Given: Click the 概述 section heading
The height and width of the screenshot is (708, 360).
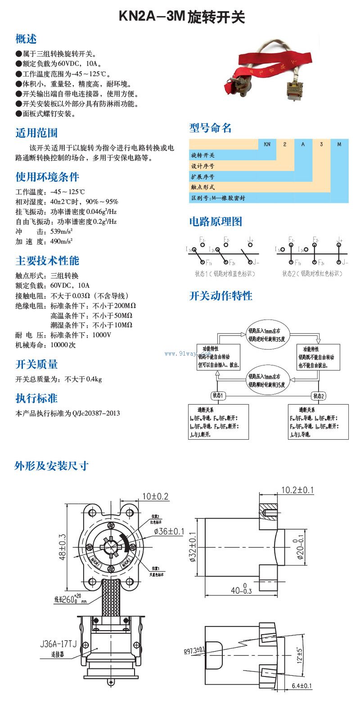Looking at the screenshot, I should coord(26,39).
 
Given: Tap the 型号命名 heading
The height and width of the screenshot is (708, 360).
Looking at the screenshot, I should coord(210,128).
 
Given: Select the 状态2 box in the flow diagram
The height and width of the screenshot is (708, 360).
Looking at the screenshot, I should coord(319,396).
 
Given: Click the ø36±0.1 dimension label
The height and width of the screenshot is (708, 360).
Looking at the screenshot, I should coord(169,532).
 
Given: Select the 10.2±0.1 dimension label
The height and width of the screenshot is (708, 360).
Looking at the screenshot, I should coord(297,490).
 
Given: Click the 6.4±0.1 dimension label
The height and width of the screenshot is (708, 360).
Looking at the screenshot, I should coord(302,686).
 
